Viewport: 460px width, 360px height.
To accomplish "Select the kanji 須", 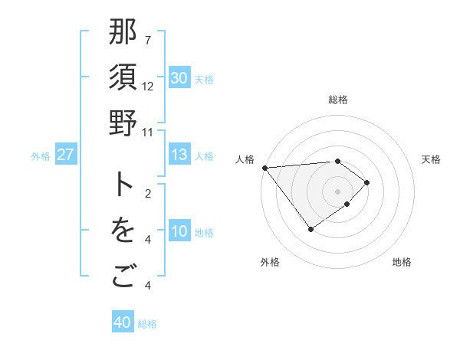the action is click(x=123, y=78).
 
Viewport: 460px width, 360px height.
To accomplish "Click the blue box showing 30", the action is click(x=179, y=78).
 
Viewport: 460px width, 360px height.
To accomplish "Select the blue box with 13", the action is click(x=179, y=155).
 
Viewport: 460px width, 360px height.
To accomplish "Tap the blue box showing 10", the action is click(x=179, y=232).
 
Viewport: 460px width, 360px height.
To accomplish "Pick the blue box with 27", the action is click(x=66, y=155).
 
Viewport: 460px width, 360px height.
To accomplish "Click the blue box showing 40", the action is click(x=123, y=322).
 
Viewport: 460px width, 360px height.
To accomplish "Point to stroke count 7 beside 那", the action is click(x=148, y=40).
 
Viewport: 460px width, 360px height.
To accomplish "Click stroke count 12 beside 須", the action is click(x=148, y=86).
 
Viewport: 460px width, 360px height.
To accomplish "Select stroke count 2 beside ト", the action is click(x=148, y=194).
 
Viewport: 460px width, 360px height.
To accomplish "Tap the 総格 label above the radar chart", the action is click(x=338, y=100).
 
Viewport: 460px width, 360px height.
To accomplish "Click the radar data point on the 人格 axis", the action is click(x=264, y=167).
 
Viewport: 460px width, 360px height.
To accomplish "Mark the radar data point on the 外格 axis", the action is click(x=310, y=229).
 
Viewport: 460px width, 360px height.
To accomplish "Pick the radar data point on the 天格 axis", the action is click(x=367, y=182).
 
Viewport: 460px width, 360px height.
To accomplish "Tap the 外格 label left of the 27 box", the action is click(x=41, y=155).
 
